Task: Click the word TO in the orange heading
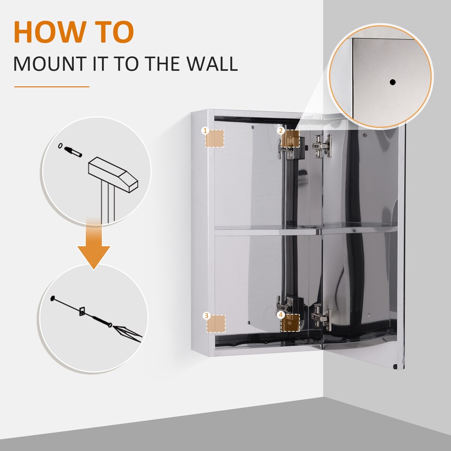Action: click(114, 32)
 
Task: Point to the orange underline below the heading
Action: click(51, 86)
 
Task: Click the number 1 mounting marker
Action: click(215, 138)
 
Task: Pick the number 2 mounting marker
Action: click(290, 138)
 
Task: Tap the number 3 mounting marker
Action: click(216, 324)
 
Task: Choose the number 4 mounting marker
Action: click(290, 323)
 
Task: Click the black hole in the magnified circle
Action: click(392, 82)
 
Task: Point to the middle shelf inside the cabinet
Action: click(263, 231)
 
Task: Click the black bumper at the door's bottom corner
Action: click(395, 365)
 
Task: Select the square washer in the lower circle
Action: click(82, 311)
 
